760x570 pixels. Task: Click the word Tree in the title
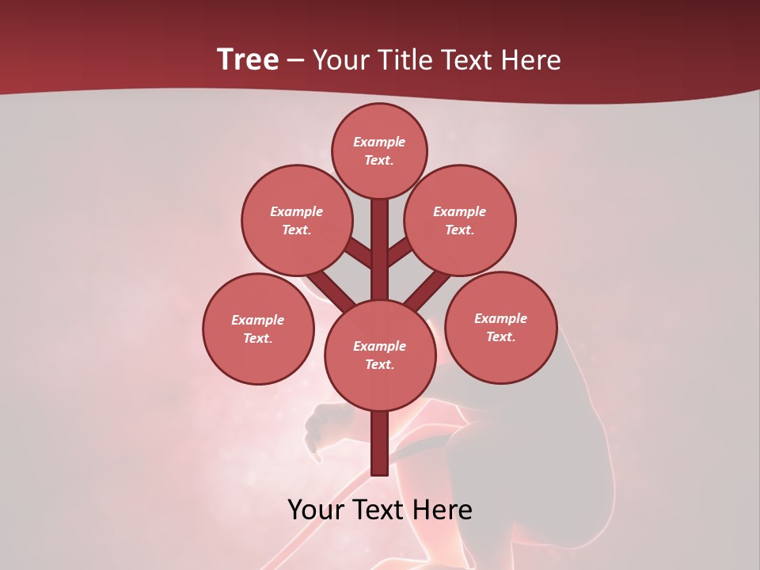pyautogui.click(x=248, y=60)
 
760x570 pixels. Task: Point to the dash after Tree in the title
pyautogui.click(x=296, y=61)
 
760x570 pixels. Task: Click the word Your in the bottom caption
pyautogui.click(x=317, y=510)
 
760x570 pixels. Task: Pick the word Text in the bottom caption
pyautogui.click(x=381, y=510)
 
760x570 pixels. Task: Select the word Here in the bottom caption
pyautogui.click(x=443, y=510)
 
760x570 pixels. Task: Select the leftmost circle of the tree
pyautogui.click(x=258, y=329)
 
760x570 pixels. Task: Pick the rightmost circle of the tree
pyautogui.click(x=500, y=327)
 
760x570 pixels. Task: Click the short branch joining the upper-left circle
pyautogui.click(x=359, y=253)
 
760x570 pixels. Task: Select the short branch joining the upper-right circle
pyautogui.click(x=401, y=253)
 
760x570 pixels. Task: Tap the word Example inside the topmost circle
pyautogui.click(x=379, y=142)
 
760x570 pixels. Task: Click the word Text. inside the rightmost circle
pyautogui.click(x=500, y=336)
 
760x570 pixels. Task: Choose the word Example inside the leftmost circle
pyautogui.click(x=258, y=320)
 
